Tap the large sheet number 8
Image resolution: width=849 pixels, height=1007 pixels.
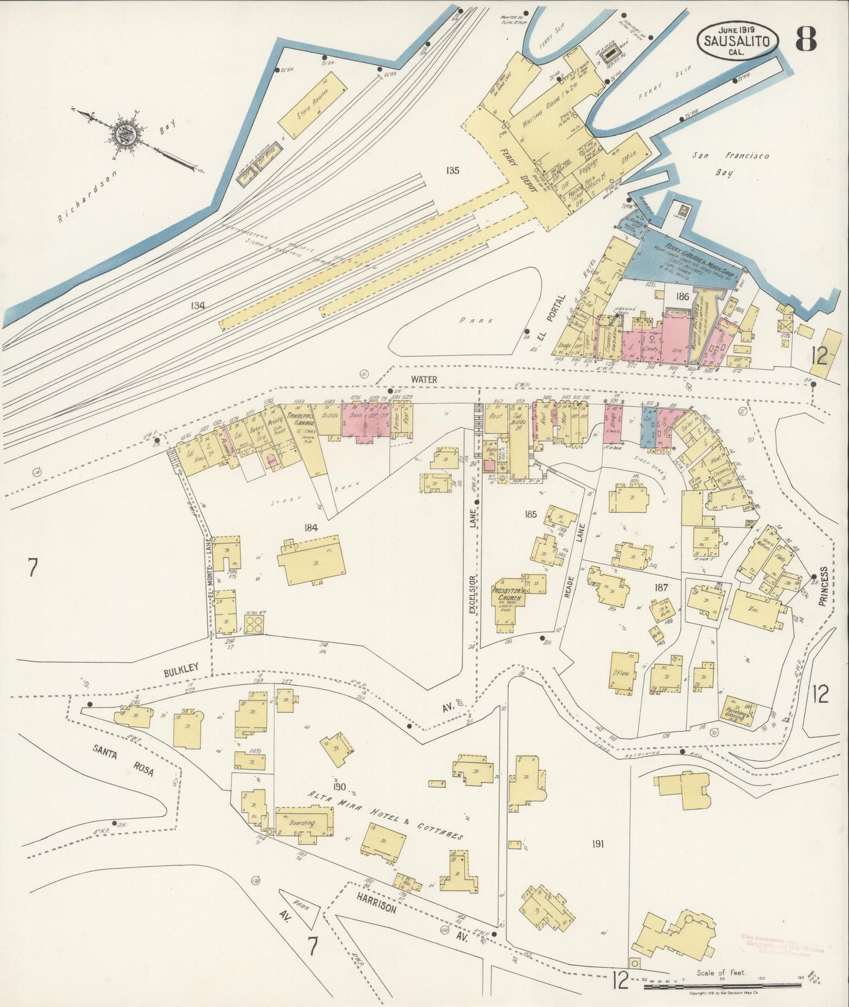806,39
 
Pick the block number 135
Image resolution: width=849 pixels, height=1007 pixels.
452,171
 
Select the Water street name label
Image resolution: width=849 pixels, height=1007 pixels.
424,380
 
